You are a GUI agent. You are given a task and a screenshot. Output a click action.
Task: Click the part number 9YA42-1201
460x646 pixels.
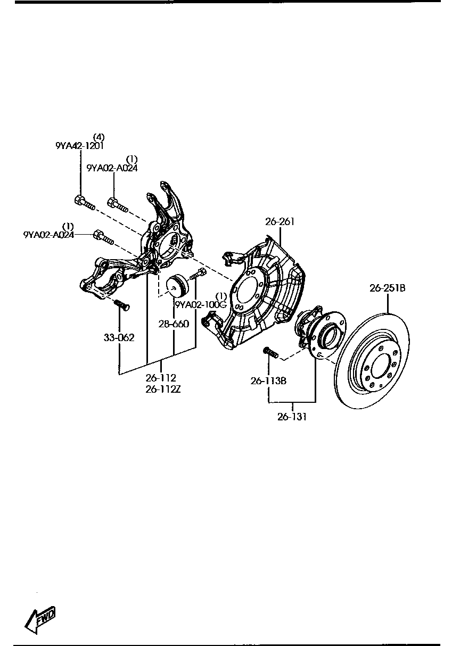[x=80, y=145]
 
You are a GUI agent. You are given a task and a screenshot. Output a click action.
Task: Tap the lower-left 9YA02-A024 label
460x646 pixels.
[x=48, y=234]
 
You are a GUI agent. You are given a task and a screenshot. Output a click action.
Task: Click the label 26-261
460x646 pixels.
[x=280, y=221]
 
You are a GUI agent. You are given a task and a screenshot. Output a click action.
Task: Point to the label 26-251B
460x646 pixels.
[x=388, y=288]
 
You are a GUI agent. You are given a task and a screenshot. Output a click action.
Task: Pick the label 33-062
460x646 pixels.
[x=119, y=337]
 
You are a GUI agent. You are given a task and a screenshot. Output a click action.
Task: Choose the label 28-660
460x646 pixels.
[x=174, y=324]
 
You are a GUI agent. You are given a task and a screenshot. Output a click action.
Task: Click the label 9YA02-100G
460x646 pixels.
[x=201, y=305]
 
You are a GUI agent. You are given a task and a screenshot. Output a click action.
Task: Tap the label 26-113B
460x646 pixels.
[x=269, y=380]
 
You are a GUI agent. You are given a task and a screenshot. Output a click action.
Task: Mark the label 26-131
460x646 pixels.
[x=292, y=417]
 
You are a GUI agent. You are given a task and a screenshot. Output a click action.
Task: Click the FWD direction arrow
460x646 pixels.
[x=40, y=619]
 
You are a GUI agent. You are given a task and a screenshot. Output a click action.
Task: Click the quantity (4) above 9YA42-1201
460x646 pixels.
[x=98, y=136]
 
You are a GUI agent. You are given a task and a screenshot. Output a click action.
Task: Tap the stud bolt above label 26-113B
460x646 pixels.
[x=270, y=352]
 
